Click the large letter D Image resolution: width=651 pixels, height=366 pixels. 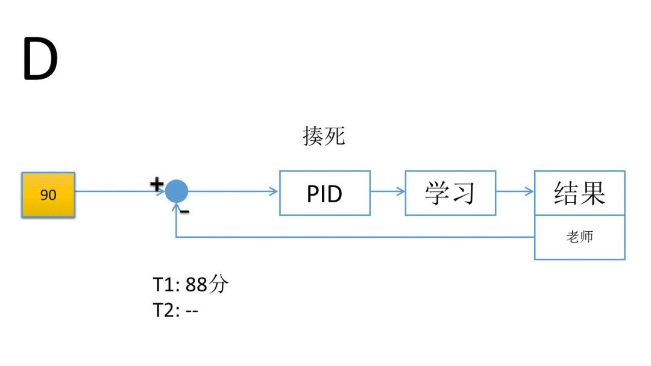tap(40, 59)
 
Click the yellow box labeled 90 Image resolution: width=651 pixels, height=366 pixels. tap(48, 195)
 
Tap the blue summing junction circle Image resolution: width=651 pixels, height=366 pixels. tap(177, 191)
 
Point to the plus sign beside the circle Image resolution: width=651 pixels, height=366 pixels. tap(156, 184)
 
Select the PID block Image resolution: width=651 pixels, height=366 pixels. tap(324, 193)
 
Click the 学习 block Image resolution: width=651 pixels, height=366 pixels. tap(450, 193)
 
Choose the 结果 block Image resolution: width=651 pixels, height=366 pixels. tap(579, 193)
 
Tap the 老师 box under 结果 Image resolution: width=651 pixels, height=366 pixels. tap(579, 237)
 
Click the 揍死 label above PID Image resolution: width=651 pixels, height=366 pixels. tap(324, 136)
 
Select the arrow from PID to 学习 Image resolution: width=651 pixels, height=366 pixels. tap(387, 192)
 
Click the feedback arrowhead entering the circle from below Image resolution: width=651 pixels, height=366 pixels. tap(176, 208)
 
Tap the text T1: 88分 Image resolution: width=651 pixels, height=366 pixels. tap(190, 284)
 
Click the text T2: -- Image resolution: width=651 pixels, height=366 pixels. tap(175, 311)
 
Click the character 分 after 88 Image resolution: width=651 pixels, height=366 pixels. tap(218, 284)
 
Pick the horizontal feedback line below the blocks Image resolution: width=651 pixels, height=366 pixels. tap(356, 237)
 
